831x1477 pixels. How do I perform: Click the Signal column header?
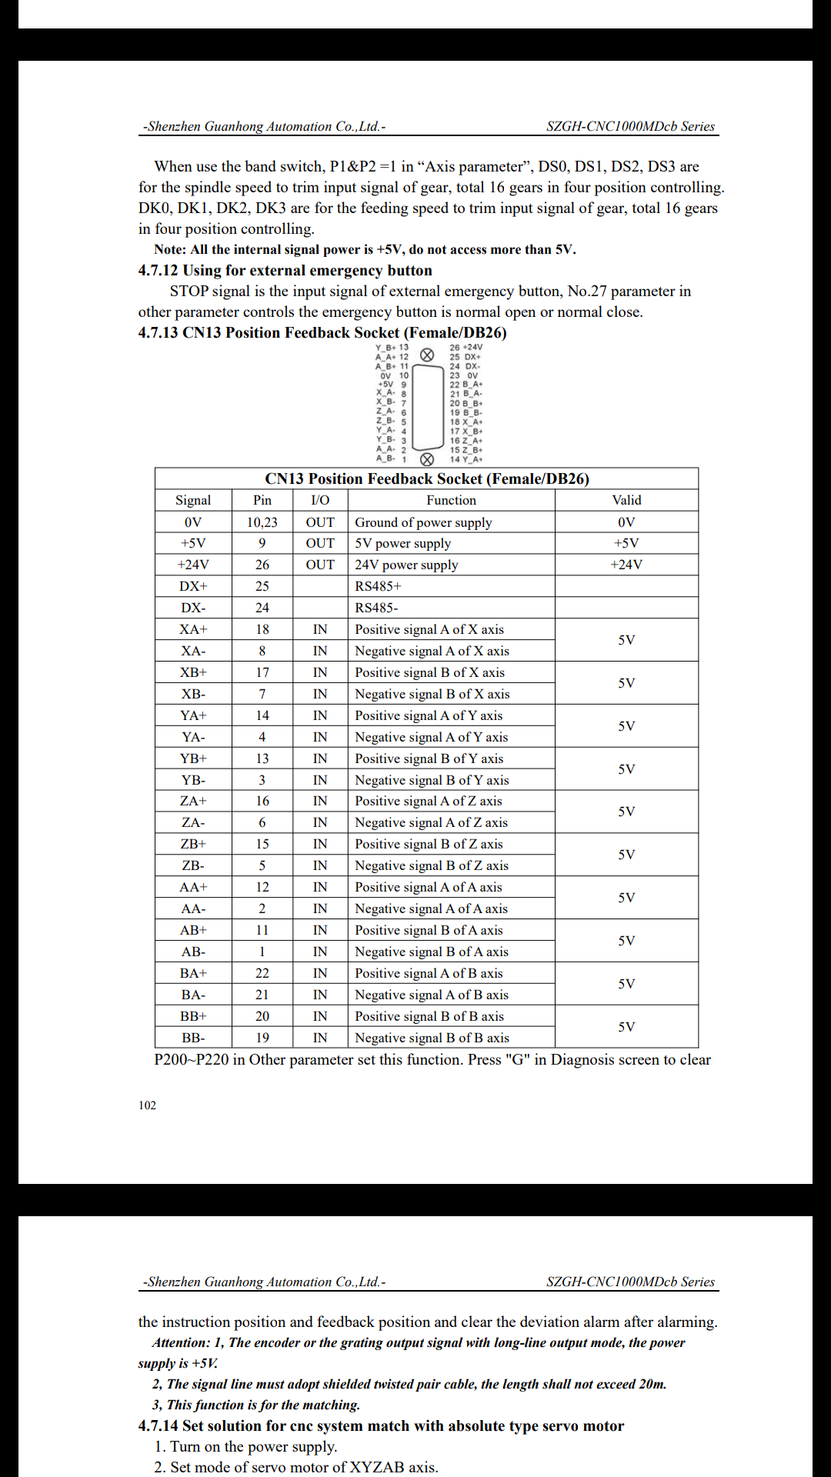193,500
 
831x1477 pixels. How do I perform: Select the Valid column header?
626,500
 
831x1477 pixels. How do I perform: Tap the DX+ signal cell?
193,586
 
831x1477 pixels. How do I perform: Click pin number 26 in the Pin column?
262,565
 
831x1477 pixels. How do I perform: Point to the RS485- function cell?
376,608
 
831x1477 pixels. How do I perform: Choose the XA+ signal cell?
193,629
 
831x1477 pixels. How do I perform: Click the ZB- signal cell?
193,865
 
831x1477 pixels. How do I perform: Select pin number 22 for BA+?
262,973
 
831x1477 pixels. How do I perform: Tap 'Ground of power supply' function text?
423,522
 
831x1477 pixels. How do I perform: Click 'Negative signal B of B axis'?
432,1038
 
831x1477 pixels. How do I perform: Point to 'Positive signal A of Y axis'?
429,715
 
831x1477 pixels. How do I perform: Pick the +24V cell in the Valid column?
626,565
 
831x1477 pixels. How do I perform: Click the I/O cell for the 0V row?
320,522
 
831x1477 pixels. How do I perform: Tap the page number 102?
147,1105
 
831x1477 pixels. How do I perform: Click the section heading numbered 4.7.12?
285,271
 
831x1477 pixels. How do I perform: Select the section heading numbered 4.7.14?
381,1425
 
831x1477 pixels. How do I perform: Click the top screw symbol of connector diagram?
427,355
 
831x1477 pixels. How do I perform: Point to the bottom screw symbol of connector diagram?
427,459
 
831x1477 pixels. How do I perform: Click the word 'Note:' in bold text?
170,249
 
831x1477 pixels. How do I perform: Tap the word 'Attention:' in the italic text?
181,1342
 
